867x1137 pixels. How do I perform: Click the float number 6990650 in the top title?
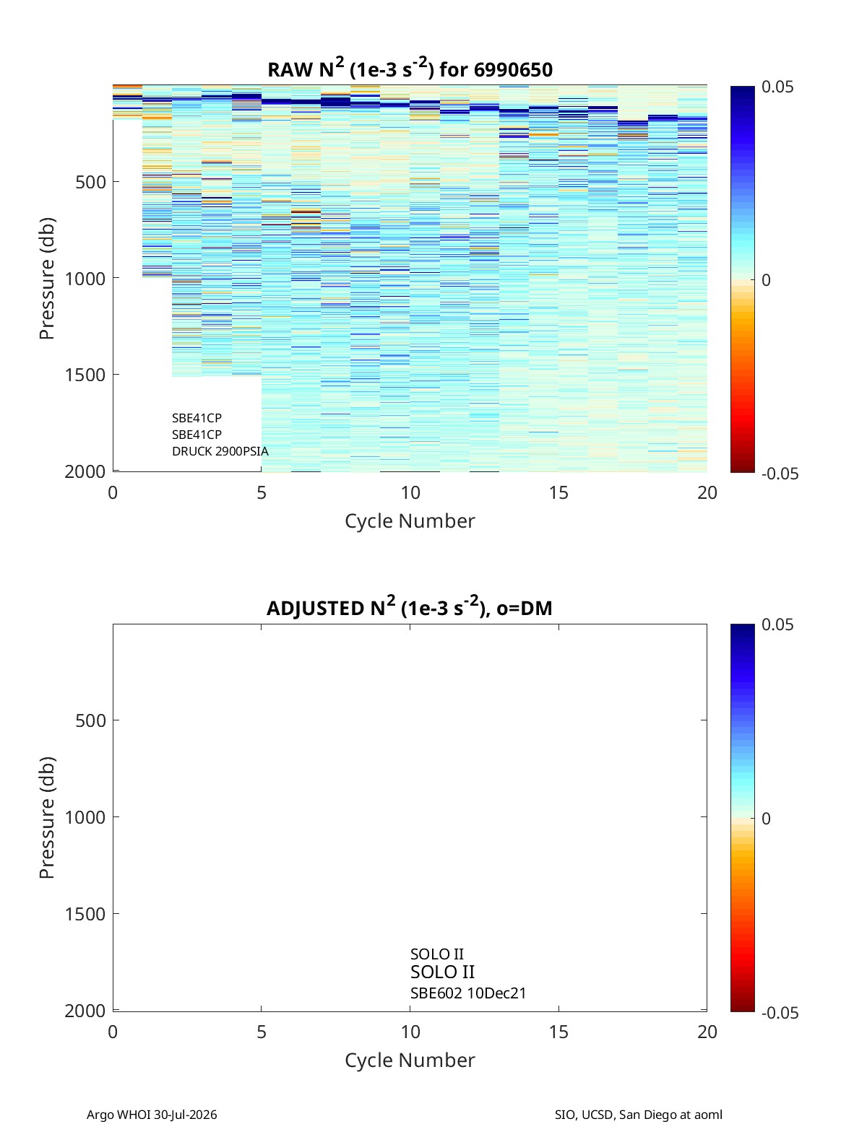coord(513,70)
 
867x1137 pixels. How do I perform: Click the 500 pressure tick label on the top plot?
coord(91,182)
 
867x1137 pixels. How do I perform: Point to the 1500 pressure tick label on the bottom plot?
coord(85,914)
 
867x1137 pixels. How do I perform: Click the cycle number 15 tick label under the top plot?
coord(558,492)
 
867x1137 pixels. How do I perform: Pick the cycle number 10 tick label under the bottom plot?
coord(410,1032)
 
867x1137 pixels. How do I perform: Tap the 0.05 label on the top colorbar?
coord(777,87)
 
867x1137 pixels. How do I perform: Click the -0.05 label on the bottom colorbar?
coord(780,1013)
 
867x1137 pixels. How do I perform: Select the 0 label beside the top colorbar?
coord(766,280)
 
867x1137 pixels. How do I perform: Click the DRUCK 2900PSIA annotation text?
coord(220,451)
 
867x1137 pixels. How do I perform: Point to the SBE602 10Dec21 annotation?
coord(468,993)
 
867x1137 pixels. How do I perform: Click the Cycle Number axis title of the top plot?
coord(410,521)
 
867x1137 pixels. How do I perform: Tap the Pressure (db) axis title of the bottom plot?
coord(47,817)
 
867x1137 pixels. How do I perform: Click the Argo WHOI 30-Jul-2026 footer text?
coord(152,1115)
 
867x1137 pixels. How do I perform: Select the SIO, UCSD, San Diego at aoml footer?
coord(639,1115)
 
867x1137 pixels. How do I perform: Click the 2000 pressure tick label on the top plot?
coord(85,472)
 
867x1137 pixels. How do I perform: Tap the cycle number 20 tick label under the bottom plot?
coord(707,1032)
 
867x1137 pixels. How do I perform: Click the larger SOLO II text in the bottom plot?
coord(443,972)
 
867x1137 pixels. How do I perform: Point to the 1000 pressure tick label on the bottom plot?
coord(85,817)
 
